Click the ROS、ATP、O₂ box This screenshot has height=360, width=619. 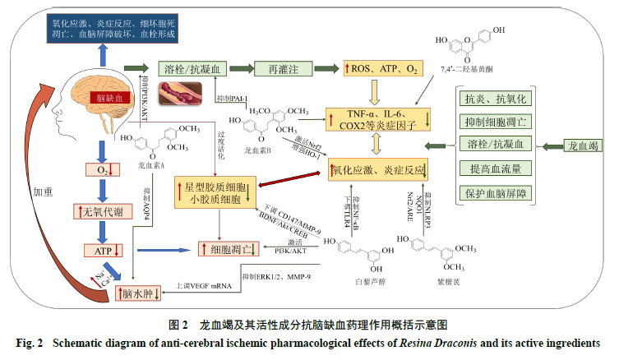[x=383, y=69]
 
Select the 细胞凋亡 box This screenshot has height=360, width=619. [x=229, y=247]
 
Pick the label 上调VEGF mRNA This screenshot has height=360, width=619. [x=203, y=286]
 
